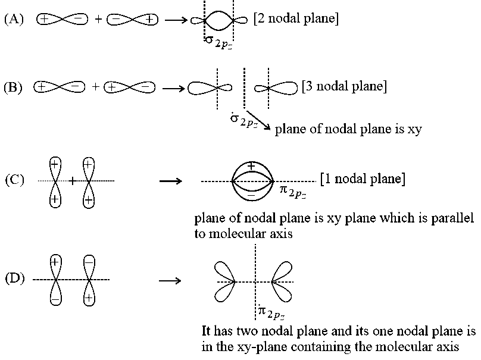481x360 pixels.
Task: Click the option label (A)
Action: click(x=14, y=19)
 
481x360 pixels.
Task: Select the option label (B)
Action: click(x=13, y=87)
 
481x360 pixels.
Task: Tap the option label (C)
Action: click(x=14, y=180)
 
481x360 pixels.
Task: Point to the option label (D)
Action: click(x=15, y=278)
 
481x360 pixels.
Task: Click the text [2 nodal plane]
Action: click(x=296, y=18)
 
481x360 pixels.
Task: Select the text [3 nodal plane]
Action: click(x=344, y=86)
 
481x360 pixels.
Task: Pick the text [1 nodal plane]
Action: click(x=363, y=179)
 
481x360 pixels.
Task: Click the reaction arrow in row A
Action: click(x=176, y=20)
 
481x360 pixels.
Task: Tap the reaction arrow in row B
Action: click(x=174, y=89)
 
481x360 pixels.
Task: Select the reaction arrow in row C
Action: click(x=171, y=181)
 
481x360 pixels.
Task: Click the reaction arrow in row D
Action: click(x=170, y=281)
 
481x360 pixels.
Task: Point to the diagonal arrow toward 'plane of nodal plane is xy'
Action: click(x=258, y=120)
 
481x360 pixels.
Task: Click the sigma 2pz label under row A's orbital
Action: click(x=218, y=43)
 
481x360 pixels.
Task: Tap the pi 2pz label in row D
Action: click(x=272, y=312)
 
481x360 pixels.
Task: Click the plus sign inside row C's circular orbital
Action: click(x=251, y=167)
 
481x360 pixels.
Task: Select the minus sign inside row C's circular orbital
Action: click(x=251, y=195)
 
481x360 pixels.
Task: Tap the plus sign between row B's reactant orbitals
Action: click(x=96, y=87)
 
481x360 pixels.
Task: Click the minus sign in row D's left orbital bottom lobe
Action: click(x=55, y=299)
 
